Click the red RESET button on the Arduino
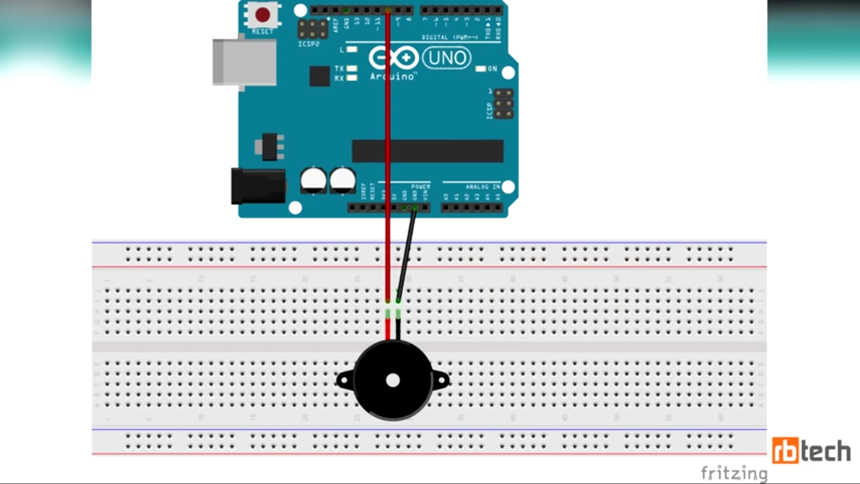click(262, 15)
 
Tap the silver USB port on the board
click(244, 62)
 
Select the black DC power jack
click(258, 186)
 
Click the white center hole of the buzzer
click(393, 380)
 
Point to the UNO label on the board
click(447, 58)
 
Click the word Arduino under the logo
click(392, 77)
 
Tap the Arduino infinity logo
click(393, 58)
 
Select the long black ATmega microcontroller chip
click(428, 151)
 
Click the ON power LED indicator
click(481, 69)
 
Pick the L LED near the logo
click(352, 49)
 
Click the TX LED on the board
click(352, 69)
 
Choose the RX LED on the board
click(352, 78)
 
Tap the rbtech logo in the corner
click(811, 450)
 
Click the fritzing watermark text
click(734, 473)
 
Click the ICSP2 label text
click(309, 44)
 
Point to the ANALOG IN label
click(482, 187)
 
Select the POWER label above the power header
click(421, 187)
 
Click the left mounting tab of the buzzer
click(344, 381)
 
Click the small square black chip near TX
click(319, 76)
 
